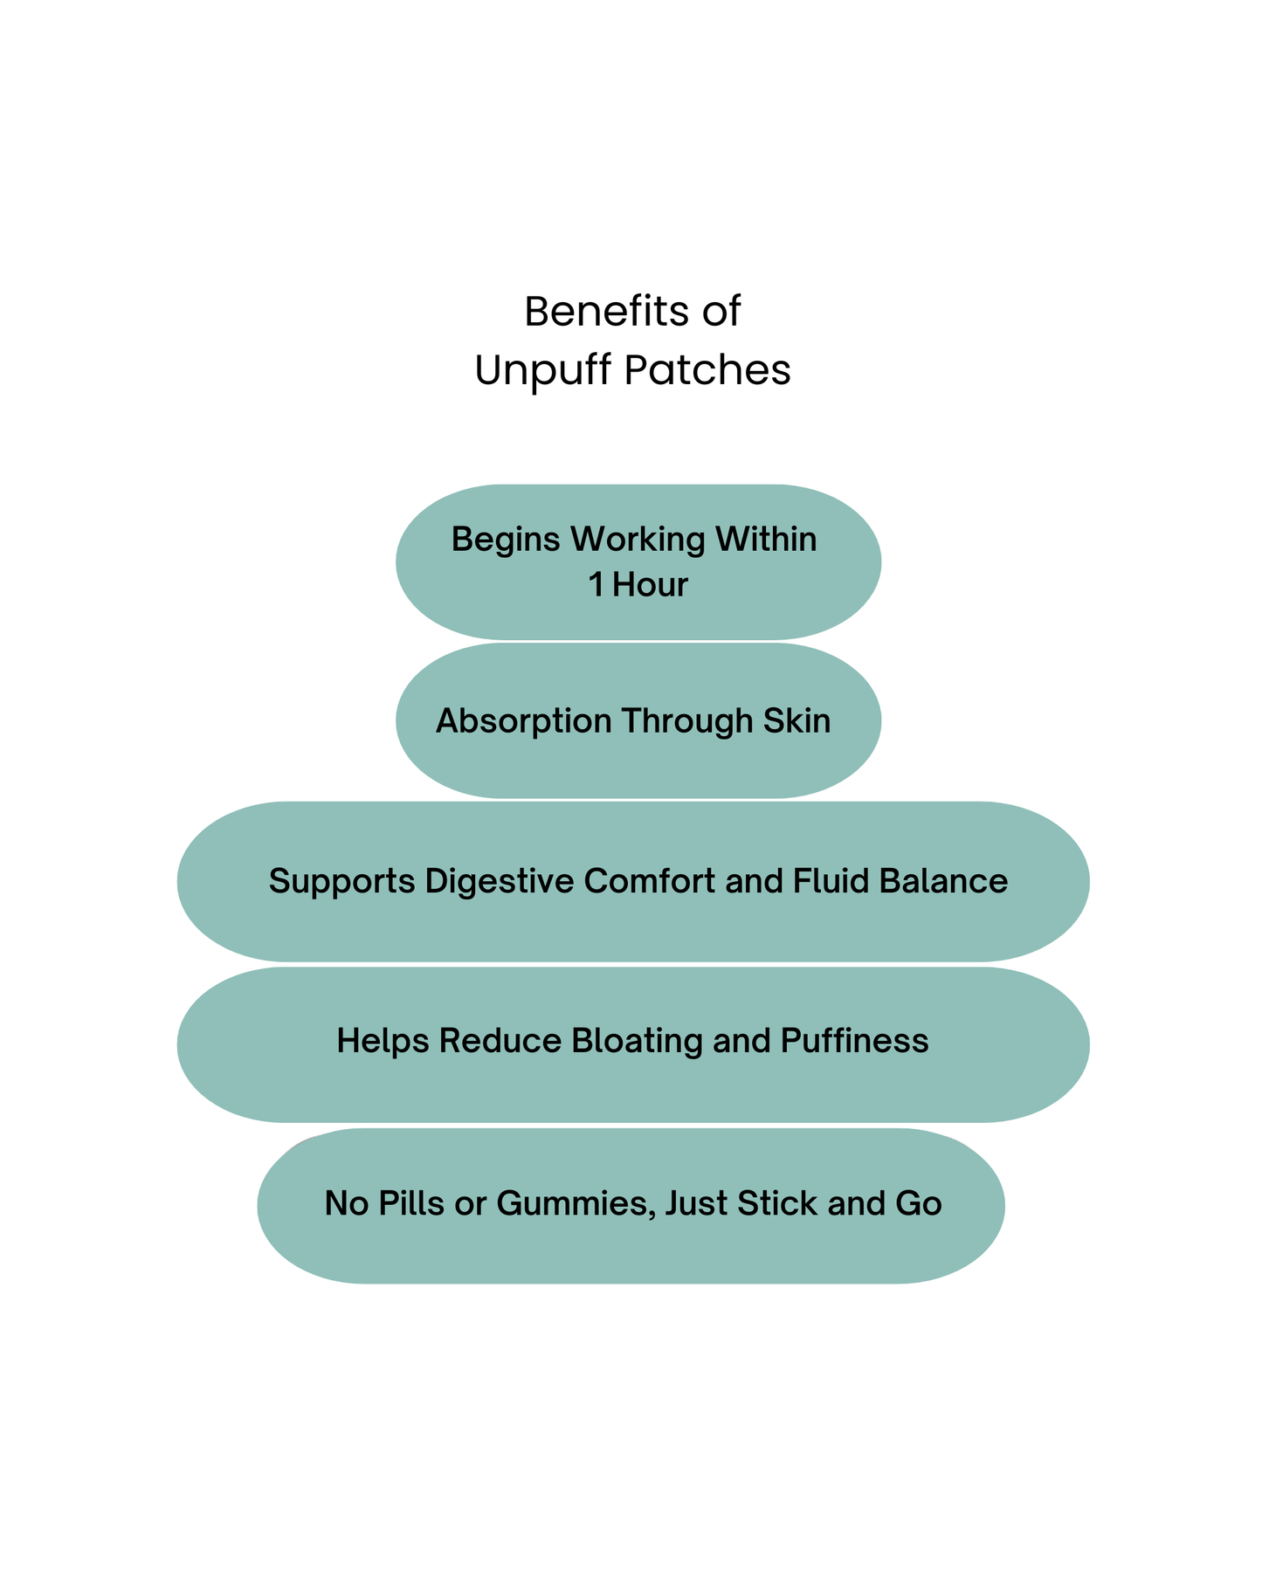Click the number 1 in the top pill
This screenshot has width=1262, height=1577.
click(x=596, y=585)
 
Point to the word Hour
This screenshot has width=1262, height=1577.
click(x=650, y=585)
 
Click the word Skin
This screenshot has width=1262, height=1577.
click(x=797, y=721)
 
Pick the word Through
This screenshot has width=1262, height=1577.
click(x=686, y=721)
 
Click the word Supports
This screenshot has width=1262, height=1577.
click(x=341, y=882)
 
